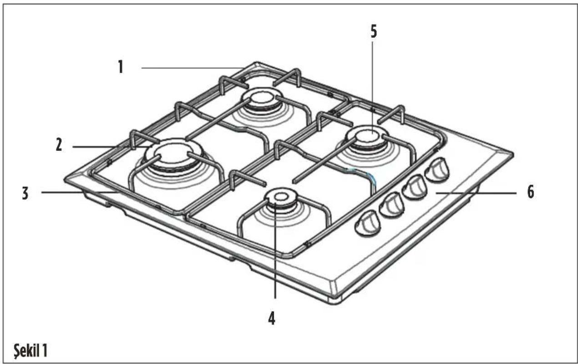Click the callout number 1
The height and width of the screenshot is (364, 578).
[x=121, y=67]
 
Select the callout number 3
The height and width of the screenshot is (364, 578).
[x=25, y=193]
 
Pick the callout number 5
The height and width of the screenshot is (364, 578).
[x=374, y=31]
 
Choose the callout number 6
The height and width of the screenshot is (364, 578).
[x=531, y=192]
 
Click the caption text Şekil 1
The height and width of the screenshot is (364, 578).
[x=30, y=350]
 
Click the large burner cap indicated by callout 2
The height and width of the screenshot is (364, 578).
[x=173, y=154]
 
